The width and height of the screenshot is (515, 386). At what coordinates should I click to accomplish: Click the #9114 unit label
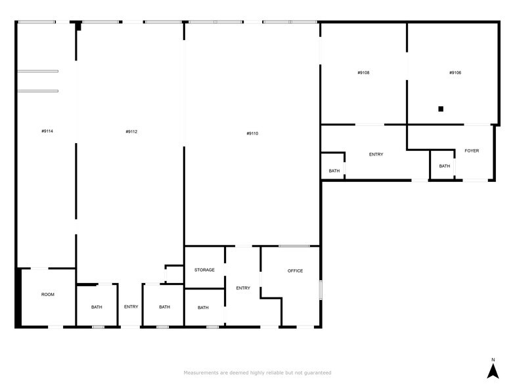pos(47,131)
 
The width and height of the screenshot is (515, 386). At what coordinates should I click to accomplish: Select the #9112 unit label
pos(131,131)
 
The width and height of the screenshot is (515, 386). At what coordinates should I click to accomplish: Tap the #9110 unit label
pos(252,133)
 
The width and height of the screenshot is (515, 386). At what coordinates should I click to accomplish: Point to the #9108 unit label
pos(363,72)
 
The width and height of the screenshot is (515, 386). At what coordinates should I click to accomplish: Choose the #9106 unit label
pos(455,72)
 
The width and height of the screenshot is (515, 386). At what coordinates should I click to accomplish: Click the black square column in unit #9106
pos(441,109)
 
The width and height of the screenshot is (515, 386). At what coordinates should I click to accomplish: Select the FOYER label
pos(472,151)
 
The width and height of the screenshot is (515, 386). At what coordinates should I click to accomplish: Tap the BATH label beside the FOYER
pos(445,166)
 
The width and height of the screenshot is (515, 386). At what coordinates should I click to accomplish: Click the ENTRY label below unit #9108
pos(376,154)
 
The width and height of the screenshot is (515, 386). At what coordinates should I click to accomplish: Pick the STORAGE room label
pos(204,270)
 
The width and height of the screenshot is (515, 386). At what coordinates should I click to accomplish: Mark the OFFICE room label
pos(295,270)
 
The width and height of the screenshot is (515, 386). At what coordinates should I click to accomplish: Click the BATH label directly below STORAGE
pos(203,307)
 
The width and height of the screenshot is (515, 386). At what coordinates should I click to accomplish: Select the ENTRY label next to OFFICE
pos(243,288)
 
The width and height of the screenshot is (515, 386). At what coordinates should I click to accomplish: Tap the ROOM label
pos(48,295)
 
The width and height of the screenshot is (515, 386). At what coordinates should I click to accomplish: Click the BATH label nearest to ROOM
pos(97,307)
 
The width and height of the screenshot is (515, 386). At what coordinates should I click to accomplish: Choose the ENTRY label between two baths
pos(131,307)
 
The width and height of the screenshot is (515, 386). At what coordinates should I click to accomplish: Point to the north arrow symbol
pos(493,372)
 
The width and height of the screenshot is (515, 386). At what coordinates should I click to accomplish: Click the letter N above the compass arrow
pos(493,359)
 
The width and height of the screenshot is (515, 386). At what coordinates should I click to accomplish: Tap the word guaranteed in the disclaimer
pos(317,373)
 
